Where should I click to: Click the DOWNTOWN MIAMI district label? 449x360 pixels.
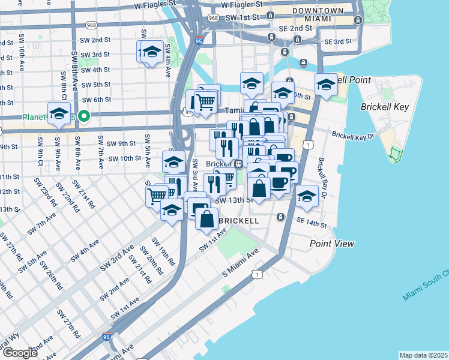pyautogui.click(x=318, y=16)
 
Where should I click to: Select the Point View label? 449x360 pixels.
pyautogui.click(x=332, y=244)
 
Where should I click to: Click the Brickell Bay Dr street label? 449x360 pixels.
pyautogui.click(x=324, y=178)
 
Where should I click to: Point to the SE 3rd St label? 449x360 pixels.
pyautogui.click(x=337, y=41)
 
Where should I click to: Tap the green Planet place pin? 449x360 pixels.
pyautogui.click(x=85, y=116)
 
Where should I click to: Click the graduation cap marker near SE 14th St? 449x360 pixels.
pyautogui.click(x=307, y=196)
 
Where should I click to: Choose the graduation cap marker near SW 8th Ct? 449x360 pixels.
pyautogui.click(x=59, y=113)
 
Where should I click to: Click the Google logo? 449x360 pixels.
pyautogui.click(x=20, y=353)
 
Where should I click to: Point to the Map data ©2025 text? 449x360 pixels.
pyautogui.click(x=423, y=355)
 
